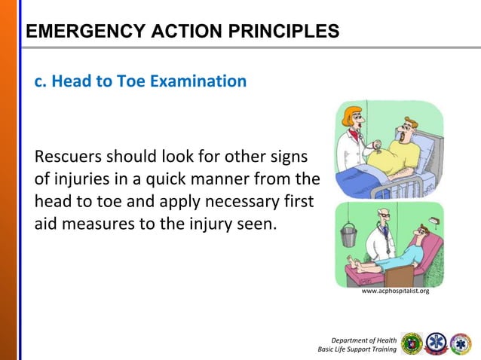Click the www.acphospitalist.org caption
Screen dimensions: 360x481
[395, 289]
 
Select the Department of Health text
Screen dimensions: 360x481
[369, 338]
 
